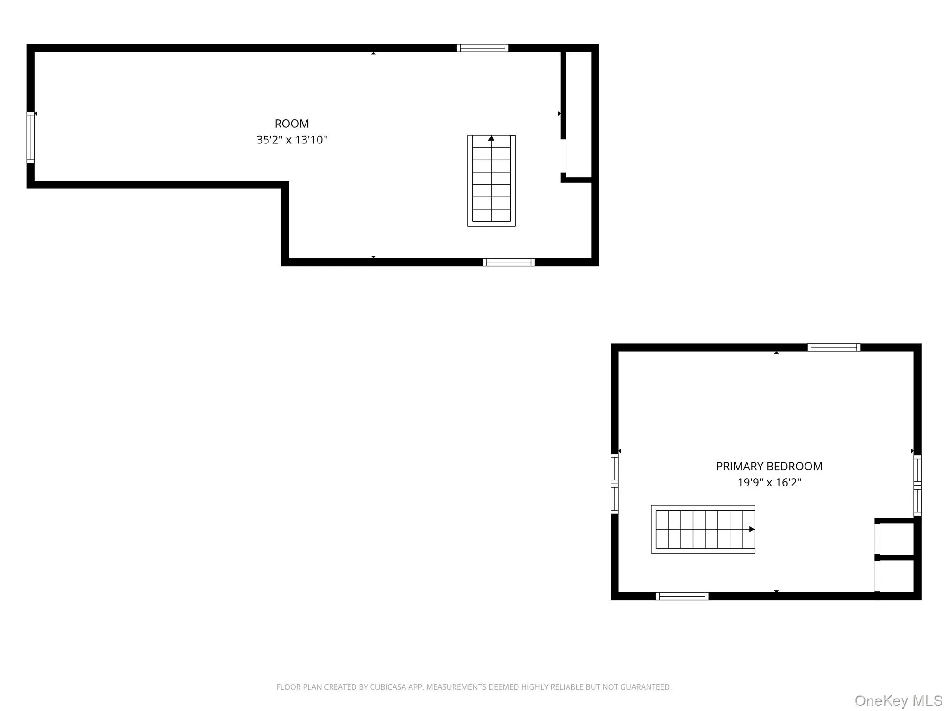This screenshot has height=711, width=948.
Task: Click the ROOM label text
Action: pyautogui.click(x=292, y=124)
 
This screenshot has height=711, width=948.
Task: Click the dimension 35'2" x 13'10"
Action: pyautogui.click(x=292, y=140)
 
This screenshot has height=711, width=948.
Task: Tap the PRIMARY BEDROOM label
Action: pyautogui.click(x=769, y=467)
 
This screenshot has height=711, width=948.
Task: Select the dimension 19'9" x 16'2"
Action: pyautogui.click(x=769, y=483)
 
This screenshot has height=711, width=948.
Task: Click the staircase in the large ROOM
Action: pyautogui.click(x=491, y=181)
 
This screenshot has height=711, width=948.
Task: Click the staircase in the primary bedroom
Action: pyautogui.click(x=703, y=529)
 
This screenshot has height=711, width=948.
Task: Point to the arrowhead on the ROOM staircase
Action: pyautogui.click(x=491, y=138)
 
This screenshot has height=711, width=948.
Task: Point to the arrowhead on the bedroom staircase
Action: pyautogui.click(x=752, y=529)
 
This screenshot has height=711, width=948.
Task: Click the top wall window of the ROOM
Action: pyautogui.click(x=482, y=48)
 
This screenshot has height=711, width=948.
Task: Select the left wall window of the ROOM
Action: pyautogui.click(x=31, y=137)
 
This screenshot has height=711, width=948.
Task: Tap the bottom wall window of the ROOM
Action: pyautogui.click(x=509, y=262)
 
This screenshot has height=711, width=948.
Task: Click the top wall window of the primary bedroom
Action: pyautogui.click(x=834, y=348)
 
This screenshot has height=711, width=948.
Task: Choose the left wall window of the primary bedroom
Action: pyautogui.click(x=615, y=484)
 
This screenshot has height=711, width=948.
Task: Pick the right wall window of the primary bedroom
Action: pyautogui.click(x=917, y=486)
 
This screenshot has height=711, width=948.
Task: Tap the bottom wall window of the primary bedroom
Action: pyautogui.click(x=682, y=597)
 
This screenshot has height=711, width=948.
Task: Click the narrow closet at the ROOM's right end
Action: pyautogui.click(x=579, y=113)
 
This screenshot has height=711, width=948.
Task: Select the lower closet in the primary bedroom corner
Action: pyautogui.click(x=896, y=576)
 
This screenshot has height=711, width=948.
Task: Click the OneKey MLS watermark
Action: pyautogui.click(x=898, y=701)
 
